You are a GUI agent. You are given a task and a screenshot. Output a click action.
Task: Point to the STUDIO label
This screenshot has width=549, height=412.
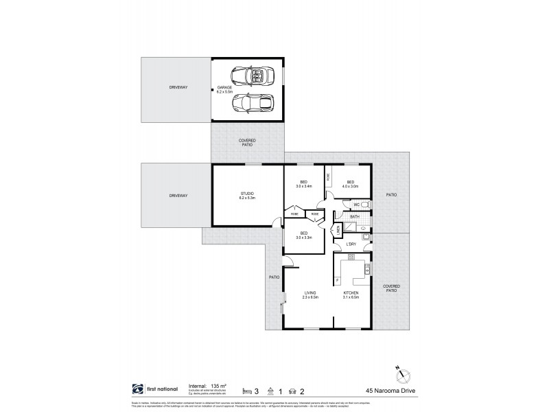(247, 195)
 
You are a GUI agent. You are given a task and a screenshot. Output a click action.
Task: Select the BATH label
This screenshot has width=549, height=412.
(355, 217)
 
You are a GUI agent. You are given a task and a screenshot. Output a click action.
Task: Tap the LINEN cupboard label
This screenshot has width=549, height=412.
(338, 232)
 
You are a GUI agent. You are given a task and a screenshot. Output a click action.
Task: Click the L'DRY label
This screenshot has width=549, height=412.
(351, 244)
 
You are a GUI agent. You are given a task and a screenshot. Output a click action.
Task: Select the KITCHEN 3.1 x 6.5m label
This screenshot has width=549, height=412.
(351, 295)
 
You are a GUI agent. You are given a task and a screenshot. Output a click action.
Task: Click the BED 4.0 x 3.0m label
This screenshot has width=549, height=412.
(351, 184)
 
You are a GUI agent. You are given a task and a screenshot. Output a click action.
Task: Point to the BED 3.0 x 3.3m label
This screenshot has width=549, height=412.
(303, 235)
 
